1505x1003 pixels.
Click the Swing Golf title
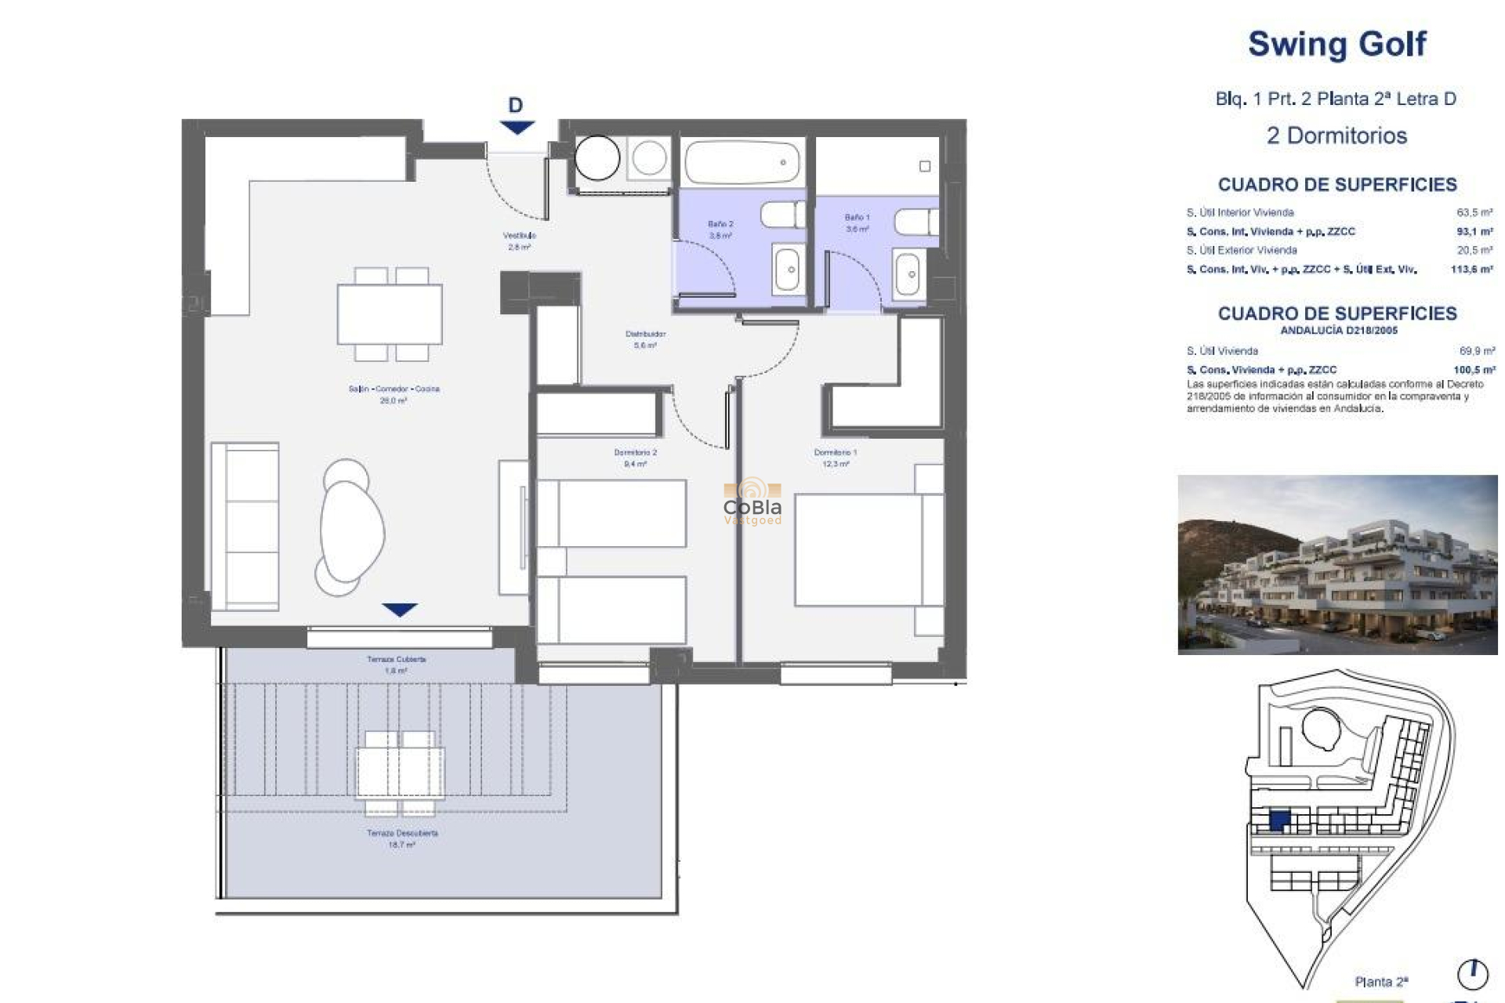[1336, 44]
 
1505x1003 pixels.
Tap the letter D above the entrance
[515, 105]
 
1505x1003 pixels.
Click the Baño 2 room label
[720, 229]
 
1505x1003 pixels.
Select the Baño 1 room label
[857, 223]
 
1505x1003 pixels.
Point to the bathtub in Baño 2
[742, 162]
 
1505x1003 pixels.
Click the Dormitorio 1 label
[835, 458]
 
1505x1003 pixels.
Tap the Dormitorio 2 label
[635, 458]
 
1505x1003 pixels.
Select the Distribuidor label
[645, 339]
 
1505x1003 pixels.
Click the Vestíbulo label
[519, 241]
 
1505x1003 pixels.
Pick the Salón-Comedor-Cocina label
[393, 393]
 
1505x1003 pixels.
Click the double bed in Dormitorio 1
[858, 550]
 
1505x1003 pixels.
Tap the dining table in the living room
[390, 314]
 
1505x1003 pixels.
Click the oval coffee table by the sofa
[352, 530]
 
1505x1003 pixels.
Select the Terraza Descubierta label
[402, 838]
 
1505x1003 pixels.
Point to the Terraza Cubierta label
[396, 664]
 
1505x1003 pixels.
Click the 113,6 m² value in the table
[1471, 269]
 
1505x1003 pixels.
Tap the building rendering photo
[1336, 564]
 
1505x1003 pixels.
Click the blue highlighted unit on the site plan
[1279, 820]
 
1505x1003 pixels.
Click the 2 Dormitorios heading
[1336, 136]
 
